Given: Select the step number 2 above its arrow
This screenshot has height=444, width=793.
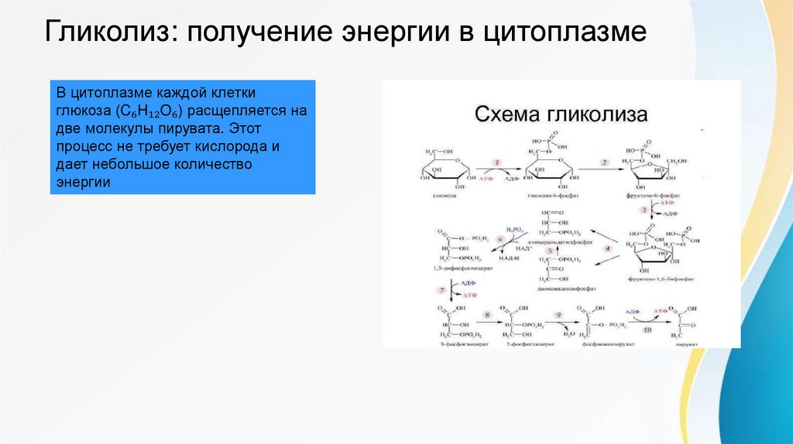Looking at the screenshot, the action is point(602,163).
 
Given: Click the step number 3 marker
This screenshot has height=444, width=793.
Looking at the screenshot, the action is point(643,210).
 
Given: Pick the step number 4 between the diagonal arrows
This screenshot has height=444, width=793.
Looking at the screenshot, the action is point(608,248).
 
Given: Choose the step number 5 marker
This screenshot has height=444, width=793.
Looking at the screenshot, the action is point(551,251).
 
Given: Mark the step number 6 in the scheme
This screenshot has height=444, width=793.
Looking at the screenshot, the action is point(499,240).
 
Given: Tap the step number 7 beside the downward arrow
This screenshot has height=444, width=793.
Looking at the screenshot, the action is point(443,289).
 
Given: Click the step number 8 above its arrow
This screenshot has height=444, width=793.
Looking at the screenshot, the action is point(486,315).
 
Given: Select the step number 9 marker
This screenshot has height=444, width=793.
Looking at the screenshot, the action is point(557,315).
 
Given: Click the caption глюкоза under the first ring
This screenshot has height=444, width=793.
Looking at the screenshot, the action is point(444,196).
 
